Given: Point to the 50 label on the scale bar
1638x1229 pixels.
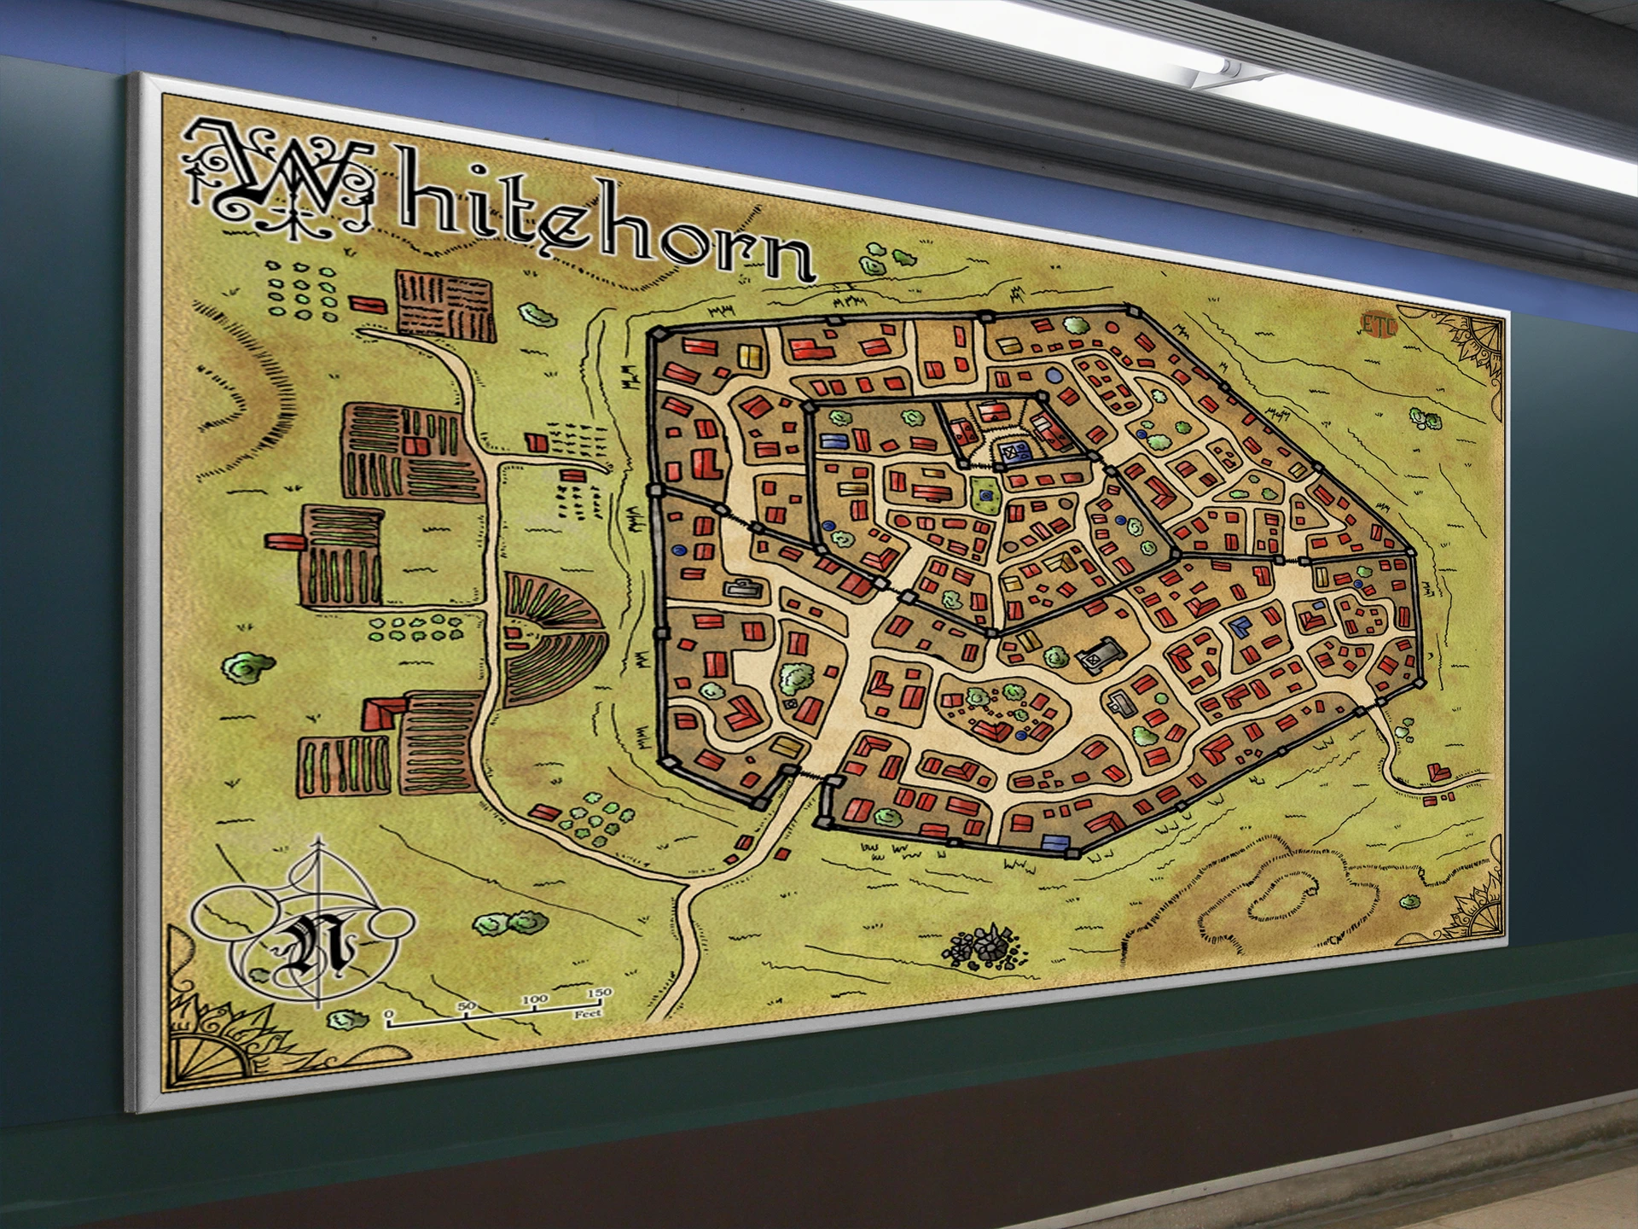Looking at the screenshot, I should pos(466,1005).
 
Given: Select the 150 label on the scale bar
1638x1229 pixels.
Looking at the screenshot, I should pos(599,993).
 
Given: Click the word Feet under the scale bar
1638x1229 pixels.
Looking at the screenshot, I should pos(588,1014).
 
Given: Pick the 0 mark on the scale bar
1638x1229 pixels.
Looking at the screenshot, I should pos(389,1016).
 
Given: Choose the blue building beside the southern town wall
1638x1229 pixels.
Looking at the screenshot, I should pos(1055,842).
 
